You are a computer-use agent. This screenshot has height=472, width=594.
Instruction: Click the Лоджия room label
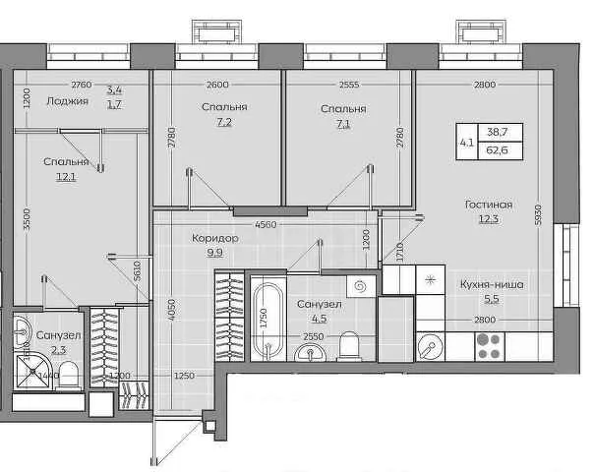68,101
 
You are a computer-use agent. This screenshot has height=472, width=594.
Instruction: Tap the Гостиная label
489,205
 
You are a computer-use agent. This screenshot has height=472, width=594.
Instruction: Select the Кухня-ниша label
492,284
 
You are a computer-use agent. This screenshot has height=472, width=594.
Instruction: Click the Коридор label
214,238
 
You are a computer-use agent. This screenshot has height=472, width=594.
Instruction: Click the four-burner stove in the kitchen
490,346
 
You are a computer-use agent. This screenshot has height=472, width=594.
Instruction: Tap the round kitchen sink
431,346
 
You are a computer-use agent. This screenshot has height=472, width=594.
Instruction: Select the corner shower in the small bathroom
33,372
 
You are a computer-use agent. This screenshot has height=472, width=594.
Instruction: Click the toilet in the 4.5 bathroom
348,345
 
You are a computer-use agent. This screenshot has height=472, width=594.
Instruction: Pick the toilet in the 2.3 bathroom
68,375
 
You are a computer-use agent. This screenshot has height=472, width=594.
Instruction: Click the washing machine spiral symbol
361,286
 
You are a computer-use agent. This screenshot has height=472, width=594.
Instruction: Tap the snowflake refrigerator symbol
430,280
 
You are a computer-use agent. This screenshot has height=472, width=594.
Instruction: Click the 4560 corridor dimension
266,224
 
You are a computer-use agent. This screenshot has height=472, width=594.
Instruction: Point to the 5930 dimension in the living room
539,214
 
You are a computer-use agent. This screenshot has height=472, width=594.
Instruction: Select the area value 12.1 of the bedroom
66,177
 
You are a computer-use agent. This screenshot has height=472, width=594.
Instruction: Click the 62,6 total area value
497,150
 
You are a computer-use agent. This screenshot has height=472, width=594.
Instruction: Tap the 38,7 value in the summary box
497,132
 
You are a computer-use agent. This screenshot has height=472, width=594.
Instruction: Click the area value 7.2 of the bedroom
224,122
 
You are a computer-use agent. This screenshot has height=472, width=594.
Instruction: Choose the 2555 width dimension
349,85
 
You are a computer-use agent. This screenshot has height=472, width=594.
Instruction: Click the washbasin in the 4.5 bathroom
311,352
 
